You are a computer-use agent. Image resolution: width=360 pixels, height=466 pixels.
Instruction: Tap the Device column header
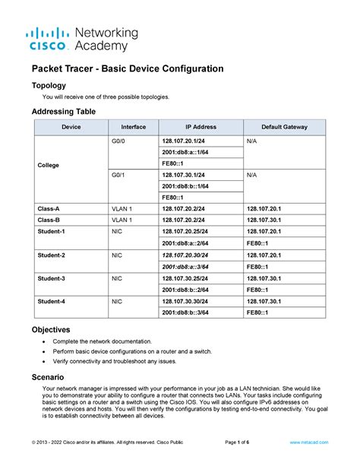pyautogui.click(x=71, y=127)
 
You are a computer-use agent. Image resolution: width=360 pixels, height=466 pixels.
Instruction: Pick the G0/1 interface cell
pyautogui.click(x=118, y=175)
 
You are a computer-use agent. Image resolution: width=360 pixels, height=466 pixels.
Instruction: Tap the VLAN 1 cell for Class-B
pyautogui.click(x=122, y=220)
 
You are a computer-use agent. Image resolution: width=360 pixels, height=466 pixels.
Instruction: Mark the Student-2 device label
pyautogui.click(x=52, y=255)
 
